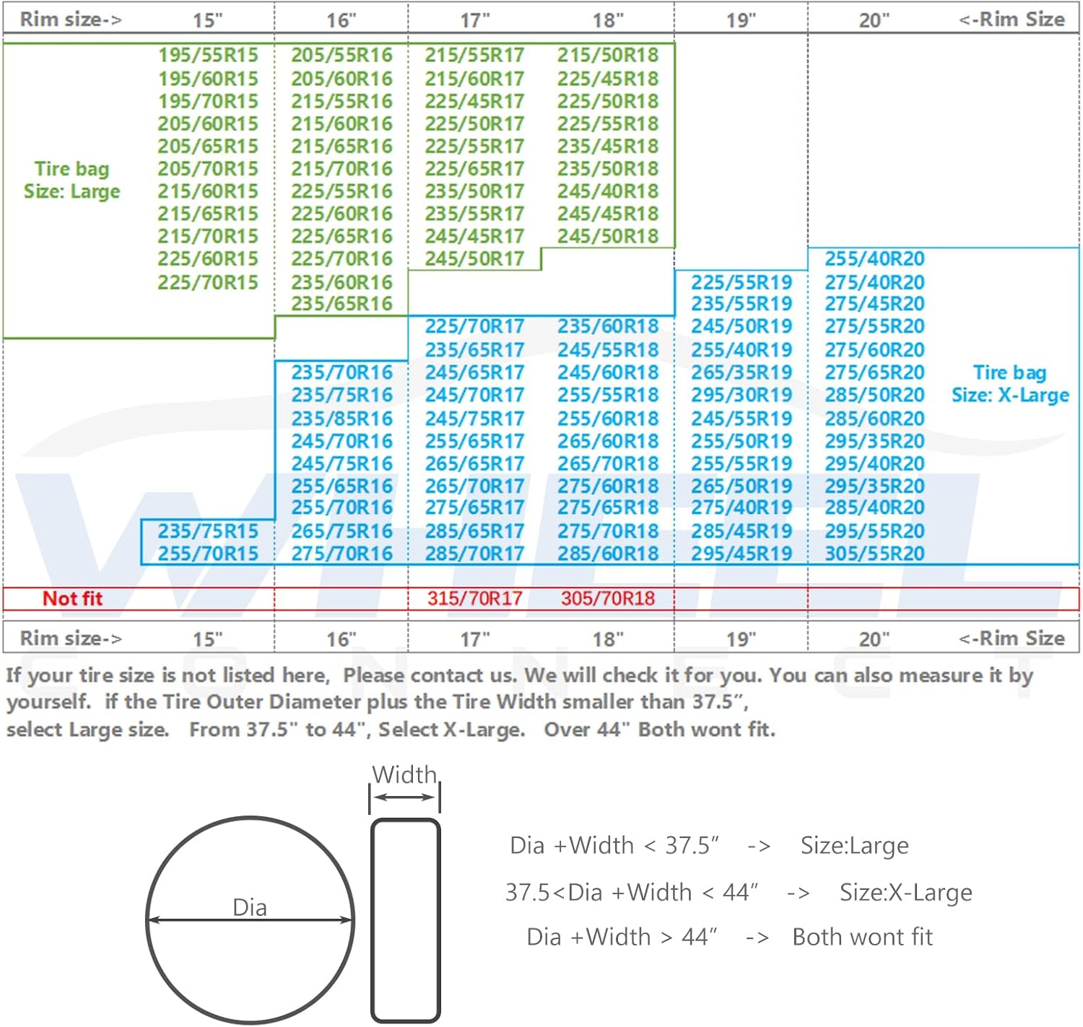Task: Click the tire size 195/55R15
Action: click(208, 55)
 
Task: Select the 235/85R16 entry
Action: click(342, 419)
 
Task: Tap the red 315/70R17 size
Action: click(474, 598)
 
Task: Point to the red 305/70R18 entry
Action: click(608, 598)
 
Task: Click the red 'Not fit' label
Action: click(72, 598)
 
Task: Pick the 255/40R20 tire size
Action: click(874, 258)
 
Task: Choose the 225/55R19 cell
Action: click(741, 282)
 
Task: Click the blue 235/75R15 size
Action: click(208, 531)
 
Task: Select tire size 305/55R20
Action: click(874, 554)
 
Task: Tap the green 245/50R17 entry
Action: click(474, 258)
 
